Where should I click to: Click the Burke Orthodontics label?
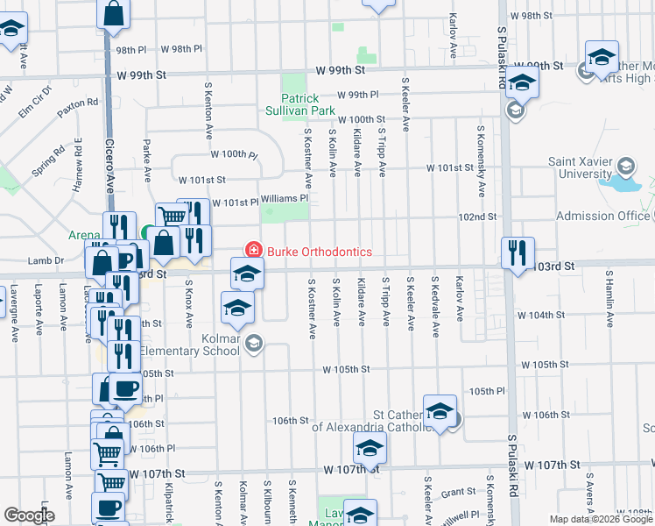(x=320, y=252)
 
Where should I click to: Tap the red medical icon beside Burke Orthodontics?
(x=254, y=252)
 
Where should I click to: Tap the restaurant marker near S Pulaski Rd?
(x=518, y=252)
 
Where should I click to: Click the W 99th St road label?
(x=341, y=69)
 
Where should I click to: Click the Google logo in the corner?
(x=29, y=515)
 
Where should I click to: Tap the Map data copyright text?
(x=601, y=519)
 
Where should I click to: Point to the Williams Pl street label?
(x=285, y=198)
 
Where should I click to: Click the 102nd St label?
(x=477, y=217)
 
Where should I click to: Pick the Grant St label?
(x=457, y=494)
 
